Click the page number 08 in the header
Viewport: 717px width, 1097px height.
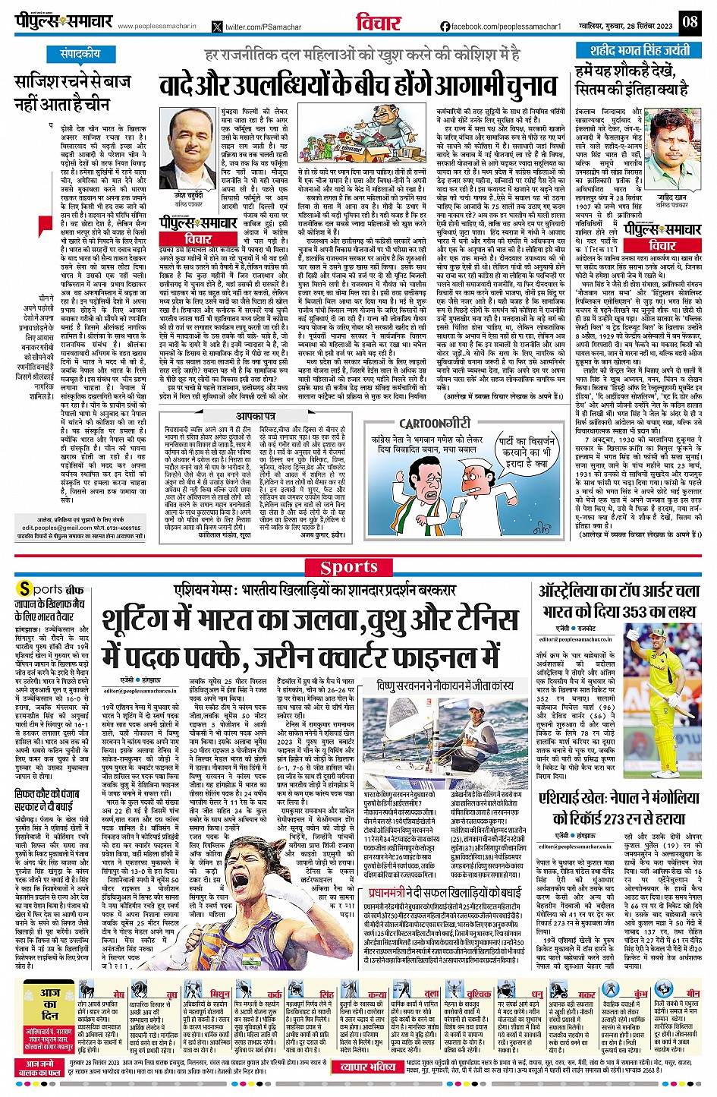pos(689,21)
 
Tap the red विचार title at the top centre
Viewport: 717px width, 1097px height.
pos(378,22)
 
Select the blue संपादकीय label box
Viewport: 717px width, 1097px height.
pos(80,55)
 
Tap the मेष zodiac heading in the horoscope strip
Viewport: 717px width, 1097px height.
pos(118,994)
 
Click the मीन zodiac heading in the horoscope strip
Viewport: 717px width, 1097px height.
pos(692,994)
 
